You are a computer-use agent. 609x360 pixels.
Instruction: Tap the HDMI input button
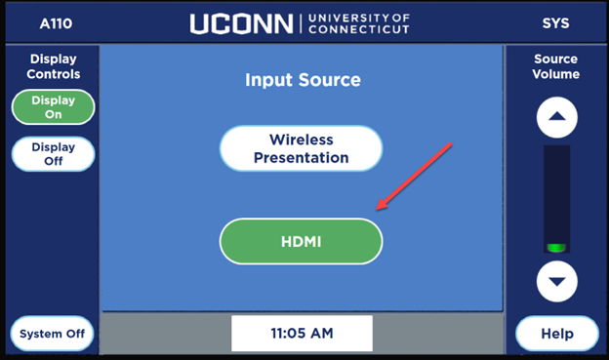pos(301,241)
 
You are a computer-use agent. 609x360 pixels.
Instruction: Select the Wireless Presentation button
pos(301,148)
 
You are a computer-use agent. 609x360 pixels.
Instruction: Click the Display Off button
pos(53,154)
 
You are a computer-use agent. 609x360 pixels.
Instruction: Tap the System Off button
pos(53,334)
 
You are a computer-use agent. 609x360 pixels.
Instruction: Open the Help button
pos(556,334)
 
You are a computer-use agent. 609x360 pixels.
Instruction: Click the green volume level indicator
pos(556,247)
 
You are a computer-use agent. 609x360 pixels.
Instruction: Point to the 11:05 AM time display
pos(302,334)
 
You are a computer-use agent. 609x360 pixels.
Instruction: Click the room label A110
pos(56,22)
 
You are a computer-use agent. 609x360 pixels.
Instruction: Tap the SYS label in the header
pos(556,22)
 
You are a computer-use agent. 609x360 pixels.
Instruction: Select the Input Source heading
pos(303,80)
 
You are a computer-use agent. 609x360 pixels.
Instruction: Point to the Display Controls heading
pos(54,66)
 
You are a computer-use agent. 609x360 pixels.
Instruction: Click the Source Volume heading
pos(556,66)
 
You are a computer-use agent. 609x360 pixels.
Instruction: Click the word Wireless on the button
pos(301,140)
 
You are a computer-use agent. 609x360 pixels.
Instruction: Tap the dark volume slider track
pos(556,190)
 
